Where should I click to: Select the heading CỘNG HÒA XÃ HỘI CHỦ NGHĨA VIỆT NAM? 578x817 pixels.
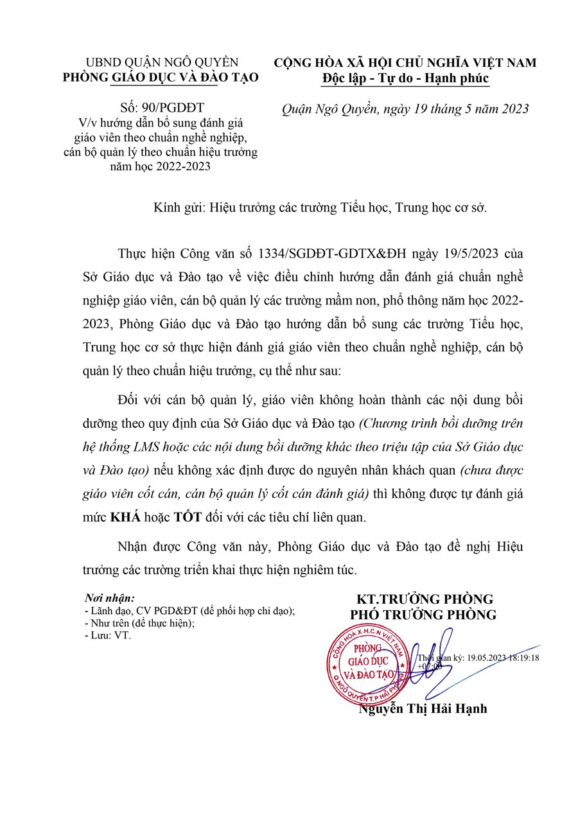405,63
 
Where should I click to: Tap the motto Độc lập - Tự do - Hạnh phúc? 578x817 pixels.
405,78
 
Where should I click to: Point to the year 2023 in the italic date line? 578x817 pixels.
511,109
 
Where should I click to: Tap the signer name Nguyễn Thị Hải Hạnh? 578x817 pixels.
423,709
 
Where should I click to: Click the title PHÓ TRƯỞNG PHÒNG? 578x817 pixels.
423,615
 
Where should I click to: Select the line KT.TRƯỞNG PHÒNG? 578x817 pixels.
423,599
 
